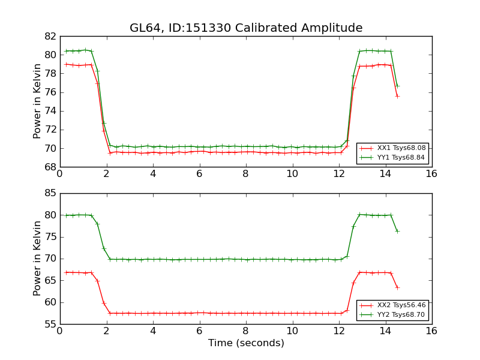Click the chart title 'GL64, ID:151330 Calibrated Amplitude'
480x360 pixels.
246,28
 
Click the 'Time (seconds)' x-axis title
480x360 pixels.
246,343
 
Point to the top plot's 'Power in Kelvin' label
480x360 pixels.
37,101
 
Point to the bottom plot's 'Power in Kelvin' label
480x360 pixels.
37,259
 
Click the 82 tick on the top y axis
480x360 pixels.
50,36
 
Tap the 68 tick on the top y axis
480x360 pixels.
50,167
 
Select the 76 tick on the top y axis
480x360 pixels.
50,92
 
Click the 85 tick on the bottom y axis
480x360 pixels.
50,193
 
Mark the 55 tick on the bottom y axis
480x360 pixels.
50,324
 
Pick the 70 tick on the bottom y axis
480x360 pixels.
50,259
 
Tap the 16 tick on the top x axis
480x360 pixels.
431,174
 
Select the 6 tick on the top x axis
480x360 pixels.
199,174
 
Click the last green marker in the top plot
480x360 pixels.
397,86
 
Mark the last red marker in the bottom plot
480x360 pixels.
397,287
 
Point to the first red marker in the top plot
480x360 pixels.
66,64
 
